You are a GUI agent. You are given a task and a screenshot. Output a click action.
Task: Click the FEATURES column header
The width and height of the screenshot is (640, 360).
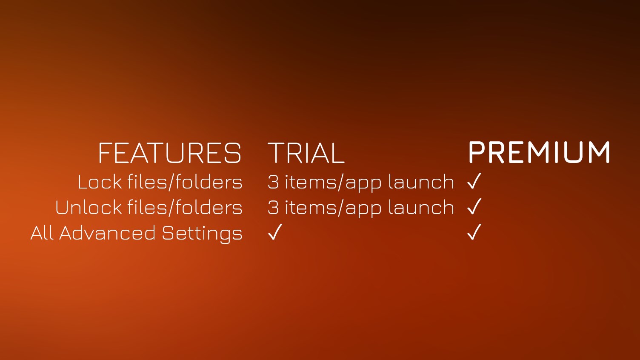click(x=169, y=153)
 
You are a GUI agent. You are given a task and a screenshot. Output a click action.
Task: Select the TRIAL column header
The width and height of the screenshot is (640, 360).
click(x=306, y=153)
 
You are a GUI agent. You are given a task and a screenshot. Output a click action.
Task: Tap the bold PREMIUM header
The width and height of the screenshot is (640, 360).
click(x=539, y=152)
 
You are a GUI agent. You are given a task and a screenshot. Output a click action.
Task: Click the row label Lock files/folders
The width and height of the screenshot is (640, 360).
click(x=160, y=182)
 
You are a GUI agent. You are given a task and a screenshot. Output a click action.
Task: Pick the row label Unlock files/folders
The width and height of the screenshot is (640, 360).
click(x=149, y=208)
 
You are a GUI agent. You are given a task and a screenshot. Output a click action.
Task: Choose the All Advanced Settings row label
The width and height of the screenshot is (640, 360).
click(x=136, y=233)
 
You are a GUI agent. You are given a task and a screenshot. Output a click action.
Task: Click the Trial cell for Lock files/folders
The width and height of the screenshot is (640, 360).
click(x=360, y=182)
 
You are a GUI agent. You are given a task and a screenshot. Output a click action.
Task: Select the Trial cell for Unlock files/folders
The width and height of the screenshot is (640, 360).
click(x=360, y=208)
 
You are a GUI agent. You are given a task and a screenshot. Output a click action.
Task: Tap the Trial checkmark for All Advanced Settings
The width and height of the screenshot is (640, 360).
click(x=275, y=232)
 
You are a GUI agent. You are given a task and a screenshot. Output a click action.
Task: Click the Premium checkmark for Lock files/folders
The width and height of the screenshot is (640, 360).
click(x=474, y=181)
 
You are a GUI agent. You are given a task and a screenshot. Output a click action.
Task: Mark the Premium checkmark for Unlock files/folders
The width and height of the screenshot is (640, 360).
click(x=474, y=206)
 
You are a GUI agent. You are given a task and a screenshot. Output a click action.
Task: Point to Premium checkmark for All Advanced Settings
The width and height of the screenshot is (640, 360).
click(x=474, y=232)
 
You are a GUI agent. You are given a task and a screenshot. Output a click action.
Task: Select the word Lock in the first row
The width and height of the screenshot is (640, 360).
click(x=100, y=182)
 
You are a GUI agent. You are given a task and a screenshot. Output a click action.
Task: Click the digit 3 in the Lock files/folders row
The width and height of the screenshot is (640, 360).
click(x=273, y=182)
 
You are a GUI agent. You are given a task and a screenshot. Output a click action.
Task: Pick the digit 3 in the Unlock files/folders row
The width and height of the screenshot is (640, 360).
click(x=273, y=208)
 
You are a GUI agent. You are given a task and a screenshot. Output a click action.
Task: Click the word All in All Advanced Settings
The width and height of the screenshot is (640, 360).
click(x=42, y=233)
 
